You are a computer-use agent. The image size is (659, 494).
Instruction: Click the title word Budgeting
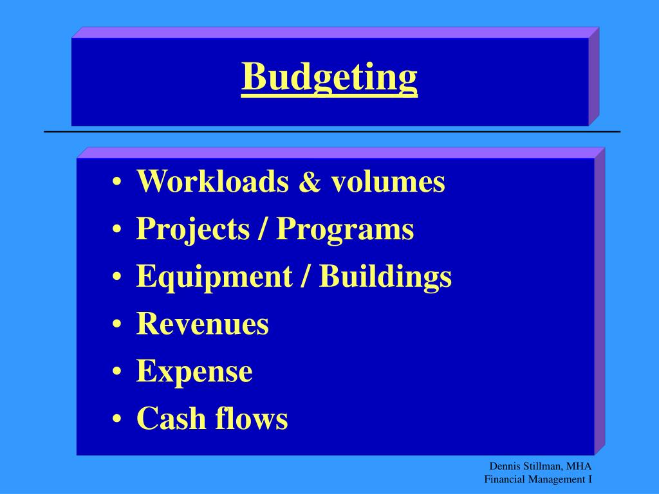click(x=329, y=78)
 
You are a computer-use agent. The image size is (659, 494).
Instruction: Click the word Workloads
click(x=212, y=182)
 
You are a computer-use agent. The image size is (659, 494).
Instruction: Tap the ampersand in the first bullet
click(x=310, y=183)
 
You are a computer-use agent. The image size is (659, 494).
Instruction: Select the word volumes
click(x=388, y=182)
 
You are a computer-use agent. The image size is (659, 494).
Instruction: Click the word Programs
click(x=345, y=230)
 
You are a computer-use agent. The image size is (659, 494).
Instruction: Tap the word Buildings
click(x=386, y=277)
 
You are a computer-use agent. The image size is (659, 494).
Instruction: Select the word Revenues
click(x=202, y=324)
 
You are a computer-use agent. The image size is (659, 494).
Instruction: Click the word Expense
click(x=194, y=372)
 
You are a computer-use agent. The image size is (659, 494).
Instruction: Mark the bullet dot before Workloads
click(x=116, y=183)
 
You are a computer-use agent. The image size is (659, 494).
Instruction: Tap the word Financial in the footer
click(x=506, y=479)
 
